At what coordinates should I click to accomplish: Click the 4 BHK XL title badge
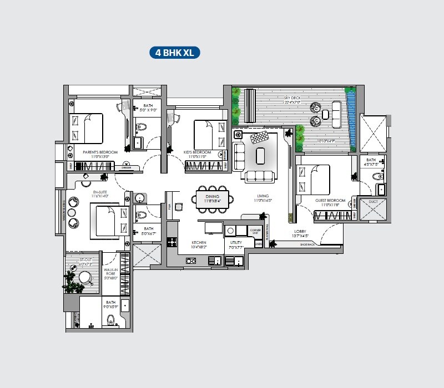tap(174, 53)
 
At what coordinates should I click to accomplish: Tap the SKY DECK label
tap(292, 98)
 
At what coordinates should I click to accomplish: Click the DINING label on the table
tap(211, 197)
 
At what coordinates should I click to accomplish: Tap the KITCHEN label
tap(199, 243)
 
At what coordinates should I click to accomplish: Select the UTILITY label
tap(235, 243)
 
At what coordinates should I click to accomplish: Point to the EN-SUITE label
tap(100, 192)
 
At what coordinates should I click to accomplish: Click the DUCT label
tap(373, 202)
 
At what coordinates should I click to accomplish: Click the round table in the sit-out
tap(84, 277)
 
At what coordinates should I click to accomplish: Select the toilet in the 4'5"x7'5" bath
tap(377, 177)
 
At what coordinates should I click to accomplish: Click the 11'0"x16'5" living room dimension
tap(263, 201)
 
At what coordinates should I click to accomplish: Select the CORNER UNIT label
tap(255, 231)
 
